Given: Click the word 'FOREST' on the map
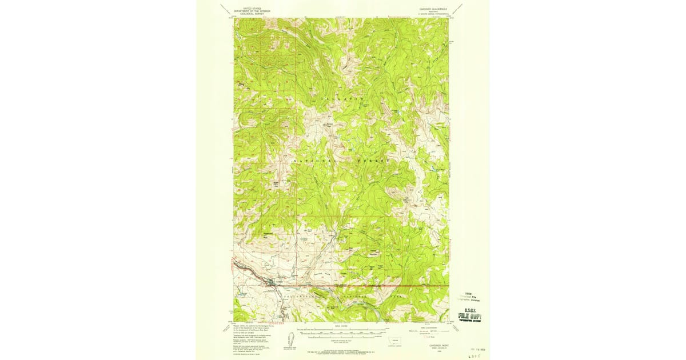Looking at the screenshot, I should coord(374,161).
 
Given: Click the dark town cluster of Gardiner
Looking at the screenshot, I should coord(269,281).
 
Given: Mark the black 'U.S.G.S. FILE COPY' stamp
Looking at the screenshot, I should coord(470,314).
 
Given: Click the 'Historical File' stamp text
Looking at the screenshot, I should coord(470,298).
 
